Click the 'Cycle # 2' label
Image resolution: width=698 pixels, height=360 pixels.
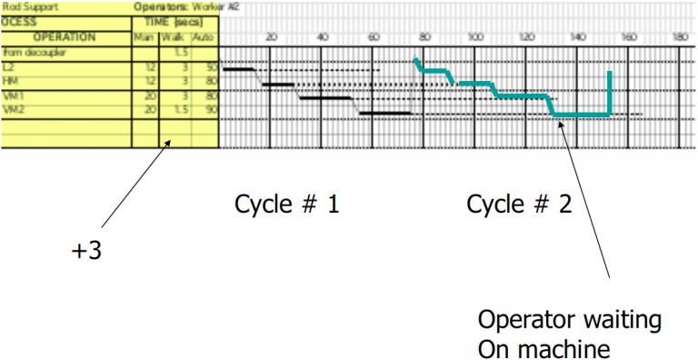click(x=519, y=205)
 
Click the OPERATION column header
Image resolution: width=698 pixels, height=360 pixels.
click(x=65, y=38)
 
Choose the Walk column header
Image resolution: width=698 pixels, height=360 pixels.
click(x=173, y=38)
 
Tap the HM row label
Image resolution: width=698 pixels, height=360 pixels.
click(x=11, y=82)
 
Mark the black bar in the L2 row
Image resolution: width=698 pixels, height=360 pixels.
click(x=238, y=69)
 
